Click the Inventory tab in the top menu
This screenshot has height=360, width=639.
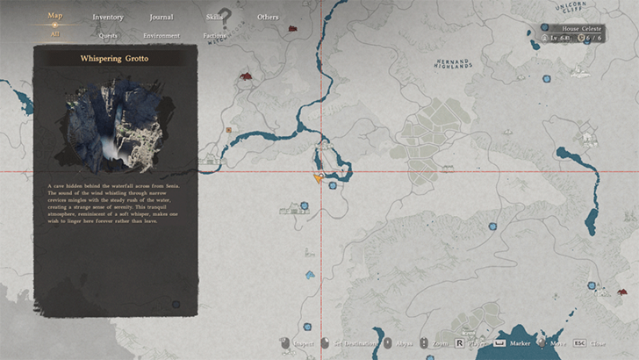(108, 17)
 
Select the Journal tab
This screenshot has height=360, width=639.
(161, 17)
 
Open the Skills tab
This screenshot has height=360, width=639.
(215, 17)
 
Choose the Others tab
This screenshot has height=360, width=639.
(268, 17)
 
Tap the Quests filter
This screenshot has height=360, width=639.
(109, 36)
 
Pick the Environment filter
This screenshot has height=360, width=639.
(162, 36)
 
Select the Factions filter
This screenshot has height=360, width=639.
(214, 36)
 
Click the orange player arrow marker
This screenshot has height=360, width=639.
(319, 176)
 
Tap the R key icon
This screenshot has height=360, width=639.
(460, 344)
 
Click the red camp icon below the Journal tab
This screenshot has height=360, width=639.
(246, 77)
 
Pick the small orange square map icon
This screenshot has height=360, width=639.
(229, 130)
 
